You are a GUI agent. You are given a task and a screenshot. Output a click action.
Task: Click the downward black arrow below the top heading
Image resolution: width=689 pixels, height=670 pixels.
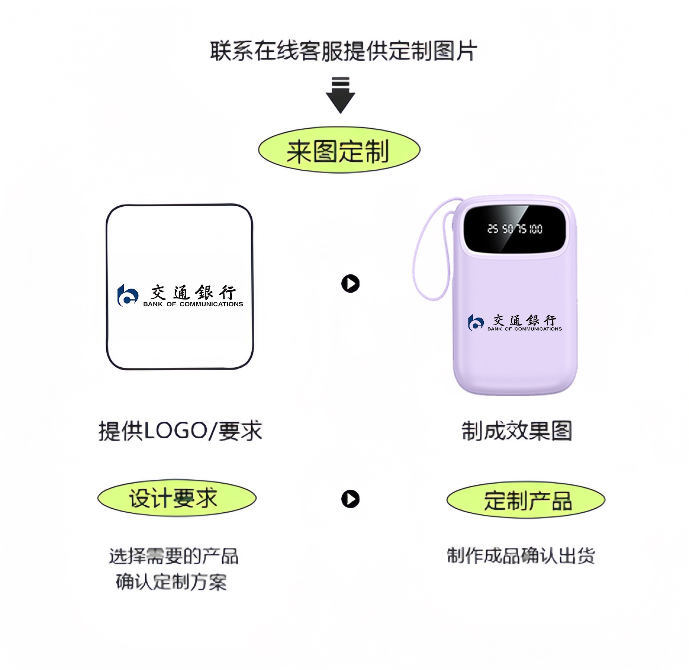pyautogui.click(x=340, y=95)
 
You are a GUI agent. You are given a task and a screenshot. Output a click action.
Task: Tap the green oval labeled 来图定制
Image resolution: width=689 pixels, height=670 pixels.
pyautogui.click(x=339, y=150)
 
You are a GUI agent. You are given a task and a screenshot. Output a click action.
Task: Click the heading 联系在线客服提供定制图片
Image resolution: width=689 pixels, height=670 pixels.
pyautogui.click(x=343, y=51)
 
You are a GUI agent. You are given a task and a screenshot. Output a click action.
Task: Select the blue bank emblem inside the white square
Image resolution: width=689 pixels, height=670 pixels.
pyautogui.click(x=128, y=295)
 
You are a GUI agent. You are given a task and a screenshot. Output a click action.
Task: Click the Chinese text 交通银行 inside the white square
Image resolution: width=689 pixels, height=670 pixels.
pyautogui.click(x=193, y=292)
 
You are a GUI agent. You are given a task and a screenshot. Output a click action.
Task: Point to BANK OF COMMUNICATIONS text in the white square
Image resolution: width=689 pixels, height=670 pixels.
pyautogui.click(x=193, y=304)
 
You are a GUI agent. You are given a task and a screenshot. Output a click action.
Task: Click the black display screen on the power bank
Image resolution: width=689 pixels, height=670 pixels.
pyautogui.click(x=515, y=228)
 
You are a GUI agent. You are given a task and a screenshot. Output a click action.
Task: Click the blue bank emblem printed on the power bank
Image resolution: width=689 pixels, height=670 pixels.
pyautogui.click(x=476, y=322)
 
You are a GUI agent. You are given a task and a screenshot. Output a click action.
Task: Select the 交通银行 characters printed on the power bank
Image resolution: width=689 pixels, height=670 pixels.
pyautogui.click(x=524, y=320)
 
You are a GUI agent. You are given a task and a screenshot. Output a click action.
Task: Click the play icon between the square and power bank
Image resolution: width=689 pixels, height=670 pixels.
pyautogui.click(x=350, y=284)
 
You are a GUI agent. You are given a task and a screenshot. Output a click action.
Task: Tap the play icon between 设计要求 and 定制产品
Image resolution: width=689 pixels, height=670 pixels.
pyautogui.click(x=350, y=499)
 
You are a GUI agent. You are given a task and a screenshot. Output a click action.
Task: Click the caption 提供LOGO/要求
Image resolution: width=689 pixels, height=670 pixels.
pyautogui.click(x=180, y=431)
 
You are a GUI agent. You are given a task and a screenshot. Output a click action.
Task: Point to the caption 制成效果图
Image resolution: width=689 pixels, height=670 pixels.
pyautogui.click(x=516, y=431)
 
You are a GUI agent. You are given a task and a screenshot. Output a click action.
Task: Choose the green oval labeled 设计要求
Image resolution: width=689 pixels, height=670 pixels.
pyautogui.click(x=177, y=498)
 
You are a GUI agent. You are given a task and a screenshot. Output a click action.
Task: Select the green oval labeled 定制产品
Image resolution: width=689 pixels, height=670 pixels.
pyautogui.click(x=526, y=500)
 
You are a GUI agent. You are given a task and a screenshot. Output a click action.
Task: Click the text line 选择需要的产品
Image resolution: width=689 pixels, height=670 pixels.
pyautogui.click(x=174, y=556)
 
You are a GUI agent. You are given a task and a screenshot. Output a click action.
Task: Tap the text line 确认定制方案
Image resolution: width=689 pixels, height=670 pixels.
pyautogui.click(x=171, y=582)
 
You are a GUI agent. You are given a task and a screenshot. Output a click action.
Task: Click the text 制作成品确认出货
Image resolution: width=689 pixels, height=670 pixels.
pyautogui.click(x=521, y=556)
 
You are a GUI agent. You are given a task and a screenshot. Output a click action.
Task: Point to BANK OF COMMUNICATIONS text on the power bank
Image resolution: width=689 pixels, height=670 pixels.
pyautogui.click(x=524, y=329)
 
